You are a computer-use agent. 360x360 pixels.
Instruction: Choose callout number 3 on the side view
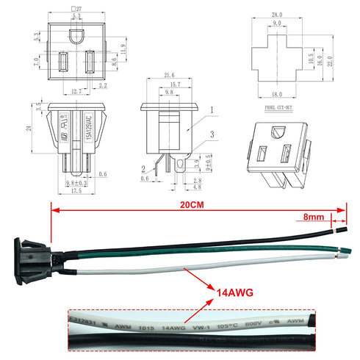(213, 134)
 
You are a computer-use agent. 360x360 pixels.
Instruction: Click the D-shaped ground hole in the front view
(76, 34)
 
